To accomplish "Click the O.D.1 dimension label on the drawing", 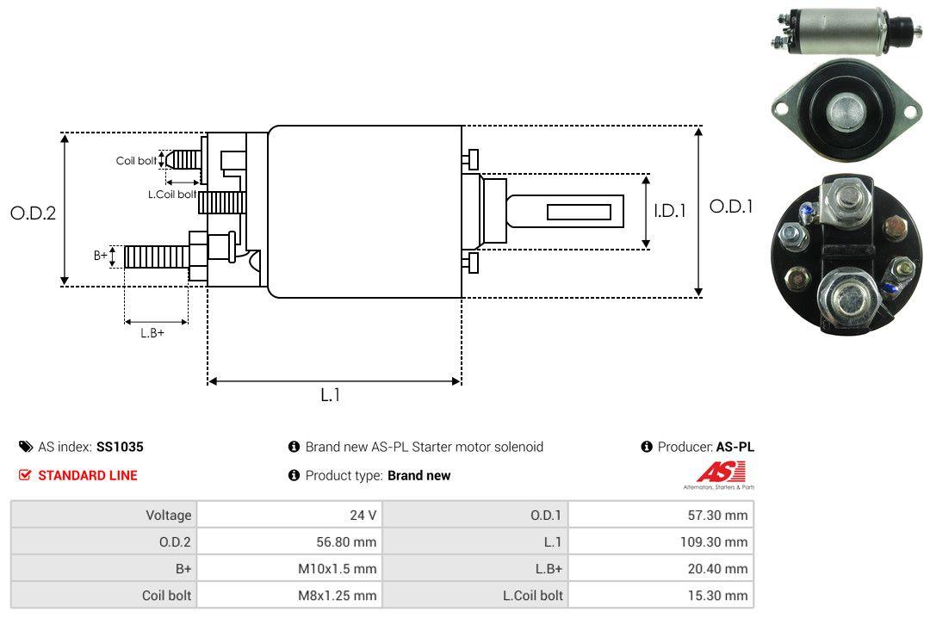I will click(731, 207).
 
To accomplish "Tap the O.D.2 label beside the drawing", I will click(33, 213).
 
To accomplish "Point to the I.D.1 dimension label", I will click(669, 210).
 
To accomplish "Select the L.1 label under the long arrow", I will click(331, 395).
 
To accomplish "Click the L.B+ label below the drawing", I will click(152, 332).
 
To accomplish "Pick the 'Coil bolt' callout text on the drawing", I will click(136, 161).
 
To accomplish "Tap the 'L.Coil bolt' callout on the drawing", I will click(172, 195).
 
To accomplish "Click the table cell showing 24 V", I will click(361, 516).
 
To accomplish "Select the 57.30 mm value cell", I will click(723, 516).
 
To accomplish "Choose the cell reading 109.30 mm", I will click(720, 542).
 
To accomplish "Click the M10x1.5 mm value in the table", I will click(338, 569).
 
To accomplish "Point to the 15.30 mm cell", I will click(723, 596).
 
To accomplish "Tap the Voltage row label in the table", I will click(168, 516).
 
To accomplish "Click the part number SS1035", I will click(120, 447).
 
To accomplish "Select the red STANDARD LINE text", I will click(87, 475).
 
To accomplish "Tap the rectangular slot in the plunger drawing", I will click(579, 212).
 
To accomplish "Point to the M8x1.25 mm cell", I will click(336, 596).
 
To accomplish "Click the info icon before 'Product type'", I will click(294, 475).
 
